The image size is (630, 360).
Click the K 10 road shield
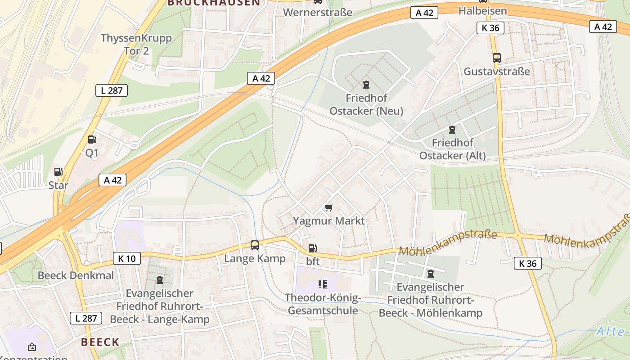(x=127, y=258)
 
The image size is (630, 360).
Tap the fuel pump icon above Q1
(x=92, y=140)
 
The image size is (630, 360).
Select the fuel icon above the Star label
(x=58, y=172)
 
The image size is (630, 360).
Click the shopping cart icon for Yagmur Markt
(x=329, y=207)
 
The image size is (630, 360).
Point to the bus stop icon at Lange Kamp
(x=255, y=245)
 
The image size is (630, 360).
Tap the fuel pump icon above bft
(x=312, y=248)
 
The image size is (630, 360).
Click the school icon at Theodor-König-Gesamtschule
(x=322, y=284)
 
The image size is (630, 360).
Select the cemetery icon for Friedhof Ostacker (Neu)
(x=366, y=85)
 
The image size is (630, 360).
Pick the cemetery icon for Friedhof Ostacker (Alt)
(x=452, y=130)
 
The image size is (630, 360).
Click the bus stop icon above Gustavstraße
(x=497, y=58)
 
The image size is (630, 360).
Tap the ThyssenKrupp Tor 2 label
(x=136, y=44)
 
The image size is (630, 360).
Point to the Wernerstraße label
(x=318, y=12)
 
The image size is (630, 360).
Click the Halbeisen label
(x=483, y=11)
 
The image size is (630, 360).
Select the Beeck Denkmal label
(x=76, y=275)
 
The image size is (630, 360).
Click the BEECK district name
(x=100, y=342)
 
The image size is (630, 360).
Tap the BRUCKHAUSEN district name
(x=214, y=3)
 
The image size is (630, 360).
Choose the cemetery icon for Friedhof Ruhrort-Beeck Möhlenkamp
(x=431, y=273)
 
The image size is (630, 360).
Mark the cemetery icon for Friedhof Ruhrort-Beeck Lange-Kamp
(x=160, y=280)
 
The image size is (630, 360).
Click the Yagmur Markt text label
(x=329, y=221)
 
